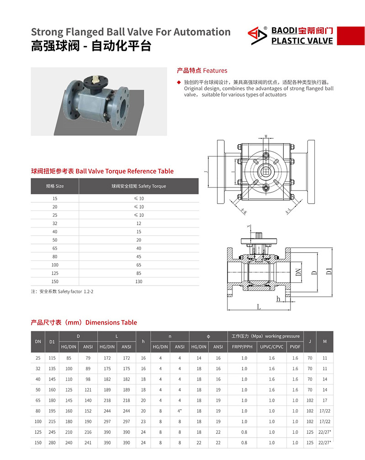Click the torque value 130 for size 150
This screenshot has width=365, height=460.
tap(139, 281)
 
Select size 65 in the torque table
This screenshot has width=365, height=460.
tap(55, 248)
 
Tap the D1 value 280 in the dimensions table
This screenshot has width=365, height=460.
tap(52, 443)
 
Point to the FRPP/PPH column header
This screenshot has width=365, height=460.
tap(244, 347)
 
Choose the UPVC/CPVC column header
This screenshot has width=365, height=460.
tap(272, 347)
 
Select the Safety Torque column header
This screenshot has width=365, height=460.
tap(139, 186)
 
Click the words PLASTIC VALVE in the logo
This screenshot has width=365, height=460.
tap(302, 41)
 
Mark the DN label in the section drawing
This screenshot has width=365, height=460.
tap(298, 273)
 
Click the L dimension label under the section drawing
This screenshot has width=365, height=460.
tap(259, 307)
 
